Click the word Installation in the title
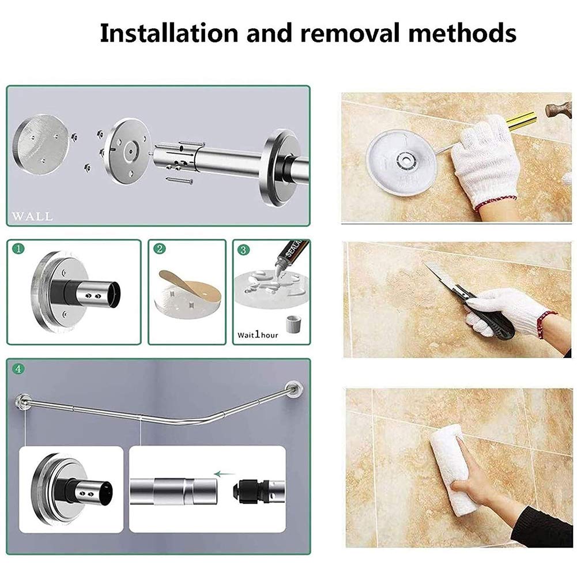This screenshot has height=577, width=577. [x=168, y=33]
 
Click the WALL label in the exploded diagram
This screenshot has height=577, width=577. [x=32, y=217]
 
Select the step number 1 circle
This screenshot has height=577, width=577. [x=20, y=248]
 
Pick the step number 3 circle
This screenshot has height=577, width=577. [x=244, y=250]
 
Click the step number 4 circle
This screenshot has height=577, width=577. [x=18, y=369]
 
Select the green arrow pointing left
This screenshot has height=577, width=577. [x=221, y=474]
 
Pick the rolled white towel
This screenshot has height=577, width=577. [x=462, y=467]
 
